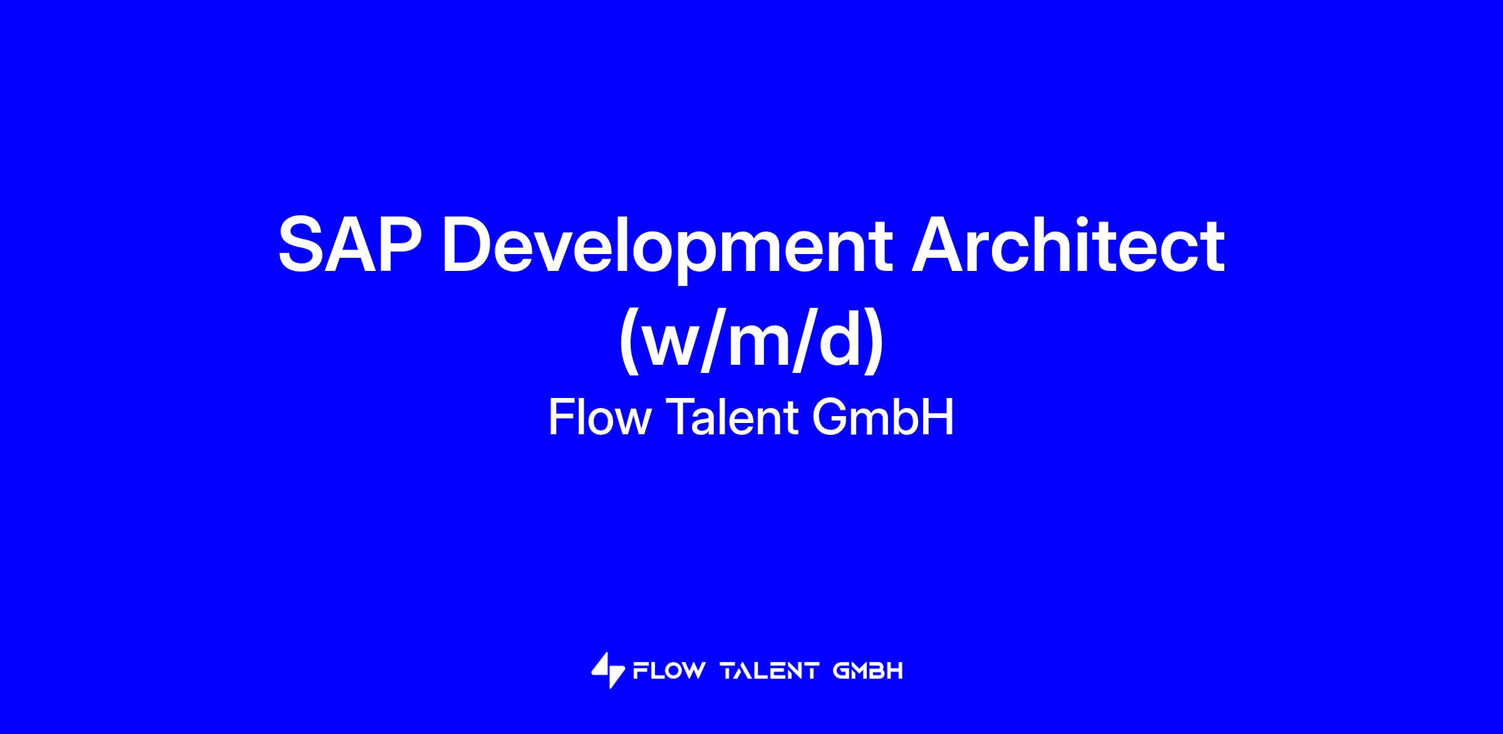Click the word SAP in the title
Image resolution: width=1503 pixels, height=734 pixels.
click(349, 245)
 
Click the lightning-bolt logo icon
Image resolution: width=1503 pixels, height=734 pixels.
click(608, 670)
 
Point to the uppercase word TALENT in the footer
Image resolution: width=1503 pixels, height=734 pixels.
click(770, 671)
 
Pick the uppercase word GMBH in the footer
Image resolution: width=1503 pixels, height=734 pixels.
click(868, 671)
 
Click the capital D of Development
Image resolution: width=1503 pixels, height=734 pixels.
click(466, 245)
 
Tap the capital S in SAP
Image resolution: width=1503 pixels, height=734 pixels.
click(302, 245)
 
